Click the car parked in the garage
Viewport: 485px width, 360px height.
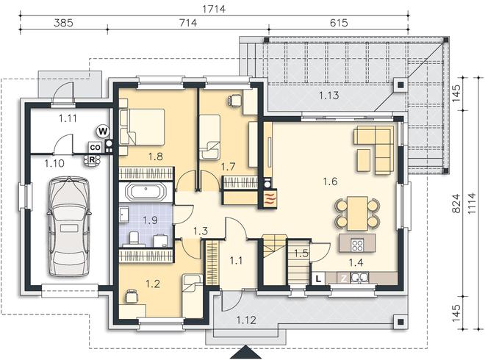[68, 226]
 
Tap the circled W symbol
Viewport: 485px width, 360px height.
[103, 132]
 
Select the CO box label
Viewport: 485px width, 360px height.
[96, 148]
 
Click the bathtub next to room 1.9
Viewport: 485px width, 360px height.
[145, 192]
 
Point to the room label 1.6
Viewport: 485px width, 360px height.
[331, 181]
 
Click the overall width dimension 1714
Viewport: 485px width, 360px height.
[214, 9]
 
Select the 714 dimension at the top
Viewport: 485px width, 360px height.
[188, 23]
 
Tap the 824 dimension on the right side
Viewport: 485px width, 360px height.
[456, 204]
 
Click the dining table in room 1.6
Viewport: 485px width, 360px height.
[358, 213]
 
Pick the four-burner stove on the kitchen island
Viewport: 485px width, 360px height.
[358, 245]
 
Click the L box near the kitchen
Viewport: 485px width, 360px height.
[318, 278]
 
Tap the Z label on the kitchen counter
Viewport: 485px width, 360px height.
[344, 278]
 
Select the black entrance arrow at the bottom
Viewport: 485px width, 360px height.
[246, 352]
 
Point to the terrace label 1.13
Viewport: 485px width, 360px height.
[328, 96]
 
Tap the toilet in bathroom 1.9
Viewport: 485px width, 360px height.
[134, 238]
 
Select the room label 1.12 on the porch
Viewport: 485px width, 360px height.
[246, 320]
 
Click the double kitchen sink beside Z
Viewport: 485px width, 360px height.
[360, 278]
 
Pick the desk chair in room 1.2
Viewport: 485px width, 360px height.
[131, 295]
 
